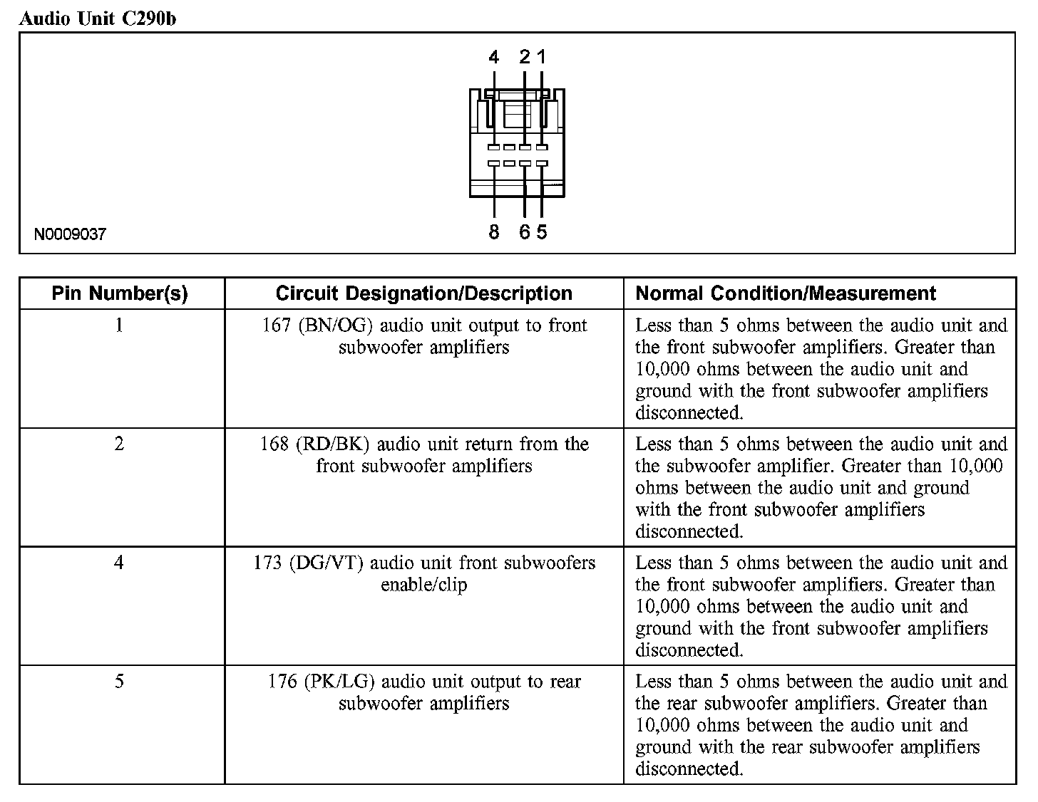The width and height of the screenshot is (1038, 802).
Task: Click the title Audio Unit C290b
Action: coord(97,19)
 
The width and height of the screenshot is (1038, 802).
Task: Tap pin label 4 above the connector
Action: coord(494,57)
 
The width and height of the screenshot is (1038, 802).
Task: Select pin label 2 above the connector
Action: coord(525,57)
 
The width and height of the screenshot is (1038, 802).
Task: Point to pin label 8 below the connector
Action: coord(494,232)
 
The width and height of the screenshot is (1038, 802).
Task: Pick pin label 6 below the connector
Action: coord(525,232)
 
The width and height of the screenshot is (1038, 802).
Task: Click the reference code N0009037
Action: coord(70,234)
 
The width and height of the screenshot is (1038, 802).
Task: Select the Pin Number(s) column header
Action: coord(120,293)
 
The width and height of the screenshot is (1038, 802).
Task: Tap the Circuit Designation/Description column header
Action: coord(423,293)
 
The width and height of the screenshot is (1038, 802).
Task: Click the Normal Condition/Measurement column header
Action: coord(786,293)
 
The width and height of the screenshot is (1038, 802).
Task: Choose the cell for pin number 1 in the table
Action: coord(120,326)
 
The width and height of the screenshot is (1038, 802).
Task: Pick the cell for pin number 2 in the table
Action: coord(120,444)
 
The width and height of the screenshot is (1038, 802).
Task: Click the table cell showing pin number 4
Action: coord(120,563)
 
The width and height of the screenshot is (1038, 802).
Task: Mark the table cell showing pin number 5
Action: coord(120,682)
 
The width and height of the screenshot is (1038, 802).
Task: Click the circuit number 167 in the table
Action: coord(275,326)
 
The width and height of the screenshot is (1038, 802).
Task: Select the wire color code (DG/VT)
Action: coord(327,563)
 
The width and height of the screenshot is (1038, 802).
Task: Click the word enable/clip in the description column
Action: coord(423,585)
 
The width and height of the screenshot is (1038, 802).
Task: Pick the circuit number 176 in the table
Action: coord(282,682)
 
